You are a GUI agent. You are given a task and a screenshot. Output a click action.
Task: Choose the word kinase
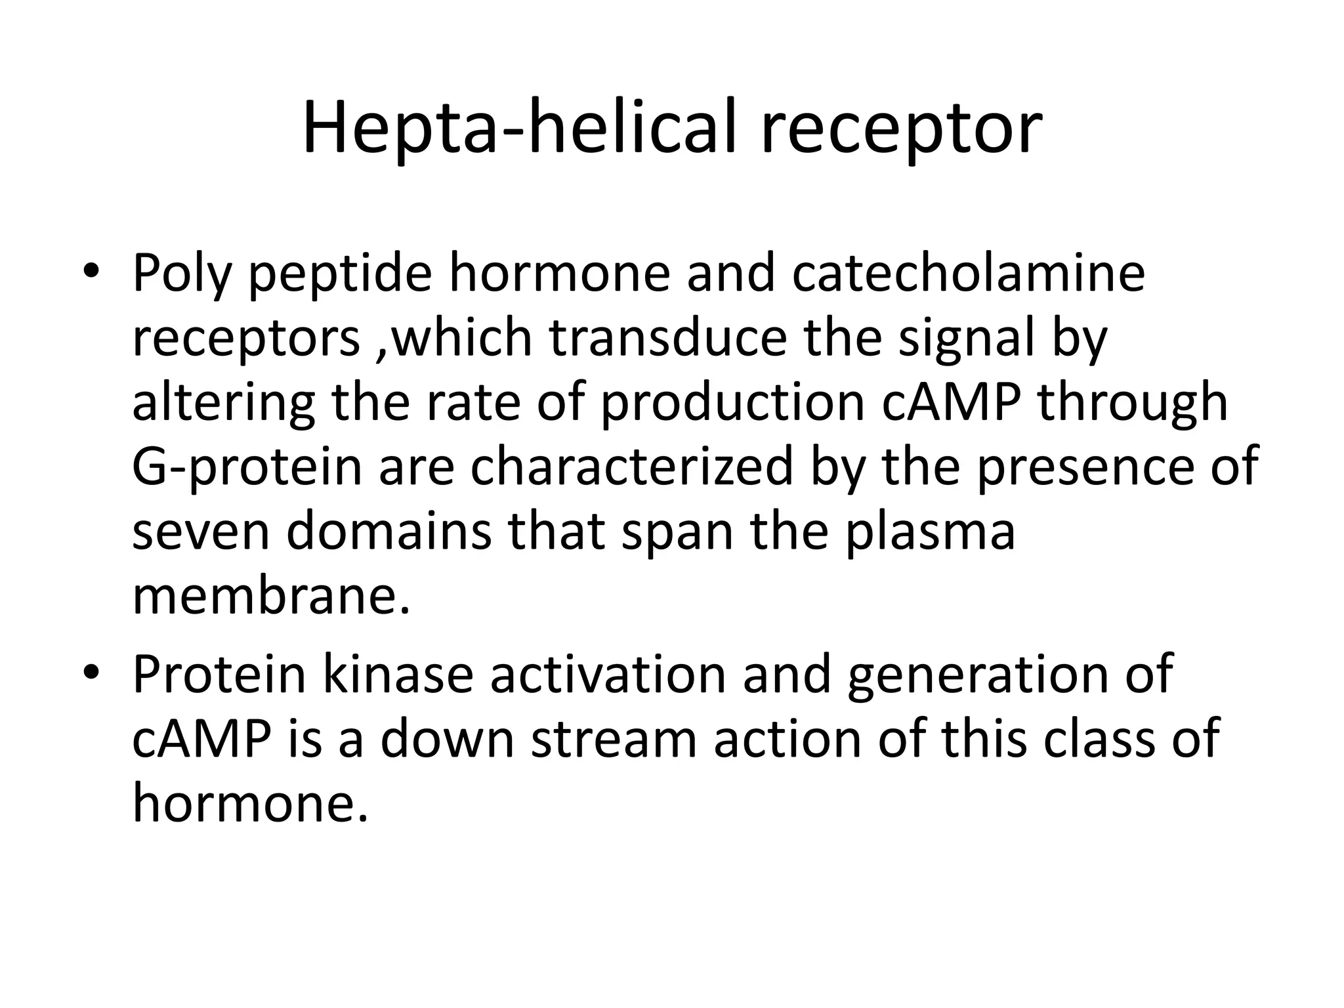[x=397, y=674]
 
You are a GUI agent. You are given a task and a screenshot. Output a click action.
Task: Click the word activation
[x=608, y=674]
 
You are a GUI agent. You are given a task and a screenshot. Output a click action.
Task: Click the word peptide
[x=340, y=275]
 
